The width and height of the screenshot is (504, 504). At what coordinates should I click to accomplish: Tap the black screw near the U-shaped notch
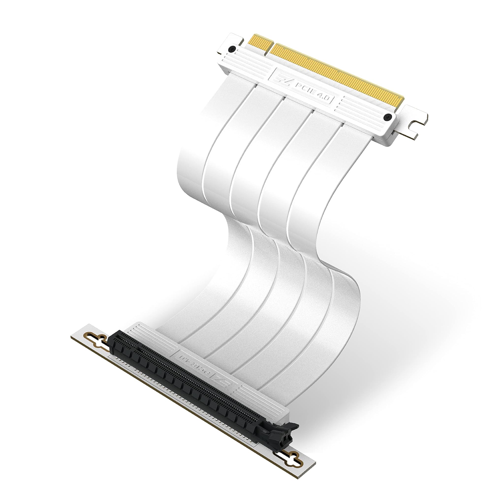coord(388,118)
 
